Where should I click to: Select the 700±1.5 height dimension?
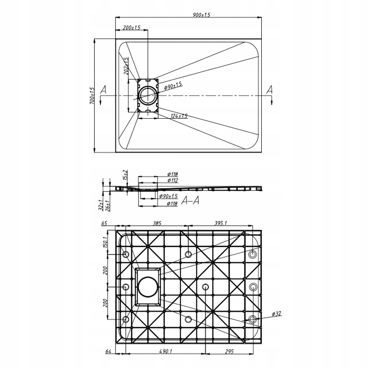92,95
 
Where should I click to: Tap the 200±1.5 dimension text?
132,28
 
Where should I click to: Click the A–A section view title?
190,200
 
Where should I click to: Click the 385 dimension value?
157,223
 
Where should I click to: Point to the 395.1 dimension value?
220,223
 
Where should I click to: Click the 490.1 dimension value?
165,352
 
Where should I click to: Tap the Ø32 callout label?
276,313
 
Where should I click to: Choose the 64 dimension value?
109,352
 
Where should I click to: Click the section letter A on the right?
270,89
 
